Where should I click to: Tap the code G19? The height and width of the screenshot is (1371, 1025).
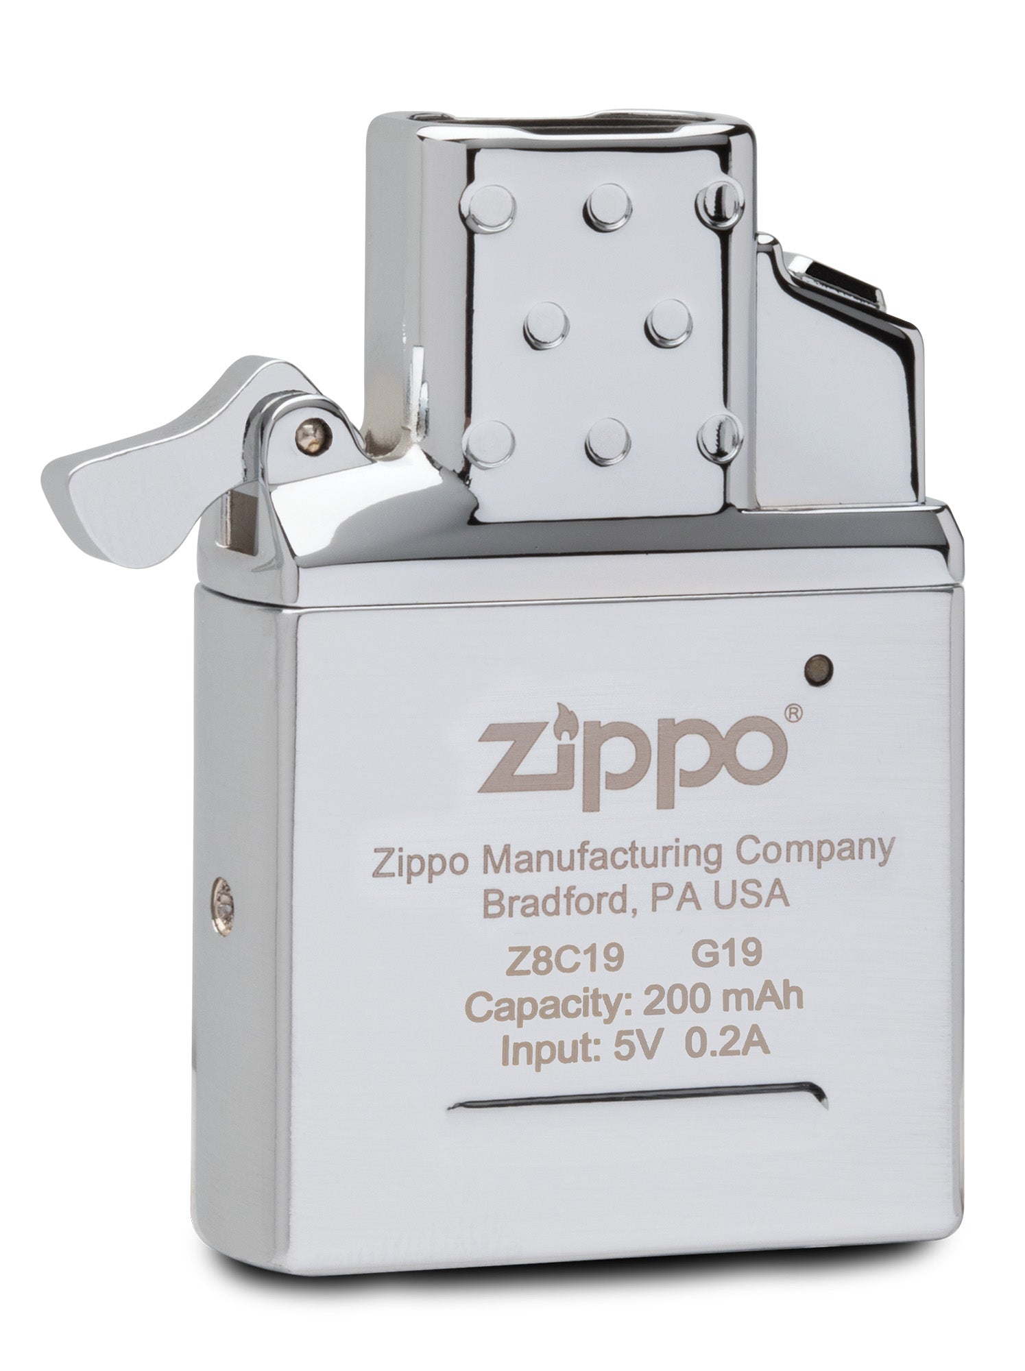725,952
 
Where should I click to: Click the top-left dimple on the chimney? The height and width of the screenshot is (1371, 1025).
490,203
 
